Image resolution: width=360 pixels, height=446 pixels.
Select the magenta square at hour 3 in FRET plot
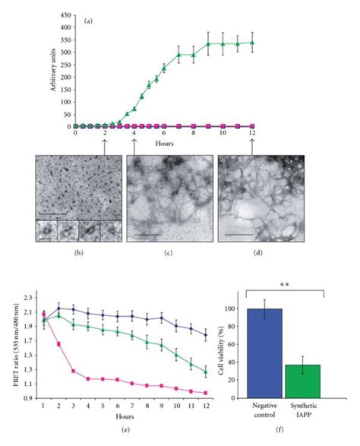point(72,372)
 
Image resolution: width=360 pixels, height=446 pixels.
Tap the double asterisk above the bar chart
point(286,285)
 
